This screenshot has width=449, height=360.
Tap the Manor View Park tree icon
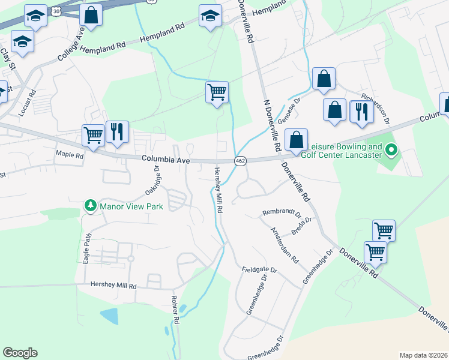click(x=91, y=206)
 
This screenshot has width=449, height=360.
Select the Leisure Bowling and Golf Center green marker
click(x=391, y=149)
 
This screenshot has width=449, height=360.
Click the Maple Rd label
click(x=69, y=155)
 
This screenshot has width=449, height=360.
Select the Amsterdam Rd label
click(x=284, y=245)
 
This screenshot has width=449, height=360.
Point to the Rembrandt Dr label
click(x=281, y=213)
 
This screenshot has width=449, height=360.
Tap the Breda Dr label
click(x=302, y=224)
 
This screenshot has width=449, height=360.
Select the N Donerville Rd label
click(x=272, y=125)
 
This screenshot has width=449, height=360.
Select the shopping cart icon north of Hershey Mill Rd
click(x=217, y=92)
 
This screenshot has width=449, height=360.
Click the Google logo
click(x=20, y=353)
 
